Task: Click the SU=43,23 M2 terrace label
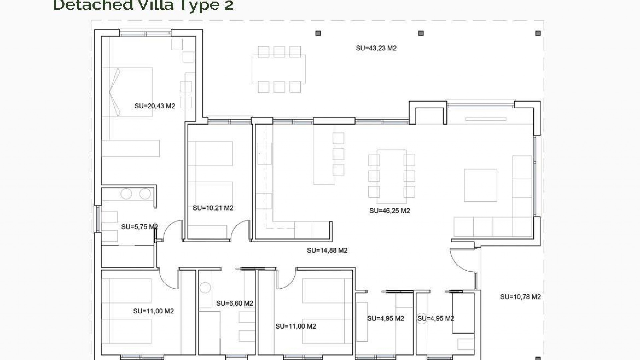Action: point(376,48)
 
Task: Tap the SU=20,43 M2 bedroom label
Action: point(155,106)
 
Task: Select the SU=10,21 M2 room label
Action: point(213,208)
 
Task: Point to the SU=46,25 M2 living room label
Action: point(389,211)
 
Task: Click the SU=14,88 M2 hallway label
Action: point(327,250)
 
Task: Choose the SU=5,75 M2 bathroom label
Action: point(139,227)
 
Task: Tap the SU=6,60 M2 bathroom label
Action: point(234,303)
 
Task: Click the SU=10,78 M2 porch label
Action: point(520,297)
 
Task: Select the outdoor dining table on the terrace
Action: point(279,69)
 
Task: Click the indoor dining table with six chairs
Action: point(391,176)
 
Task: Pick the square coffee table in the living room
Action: point(480,185)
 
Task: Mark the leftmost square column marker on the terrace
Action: point(318,33)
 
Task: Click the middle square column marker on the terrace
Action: point(421,33)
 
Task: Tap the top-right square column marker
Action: point(538,33)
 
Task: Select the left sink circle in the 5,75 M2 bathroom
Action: point(126,194)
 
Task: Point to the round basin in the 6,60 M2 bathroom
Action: point(205,287)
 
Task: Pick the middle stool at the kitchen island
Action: point(338,154)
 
